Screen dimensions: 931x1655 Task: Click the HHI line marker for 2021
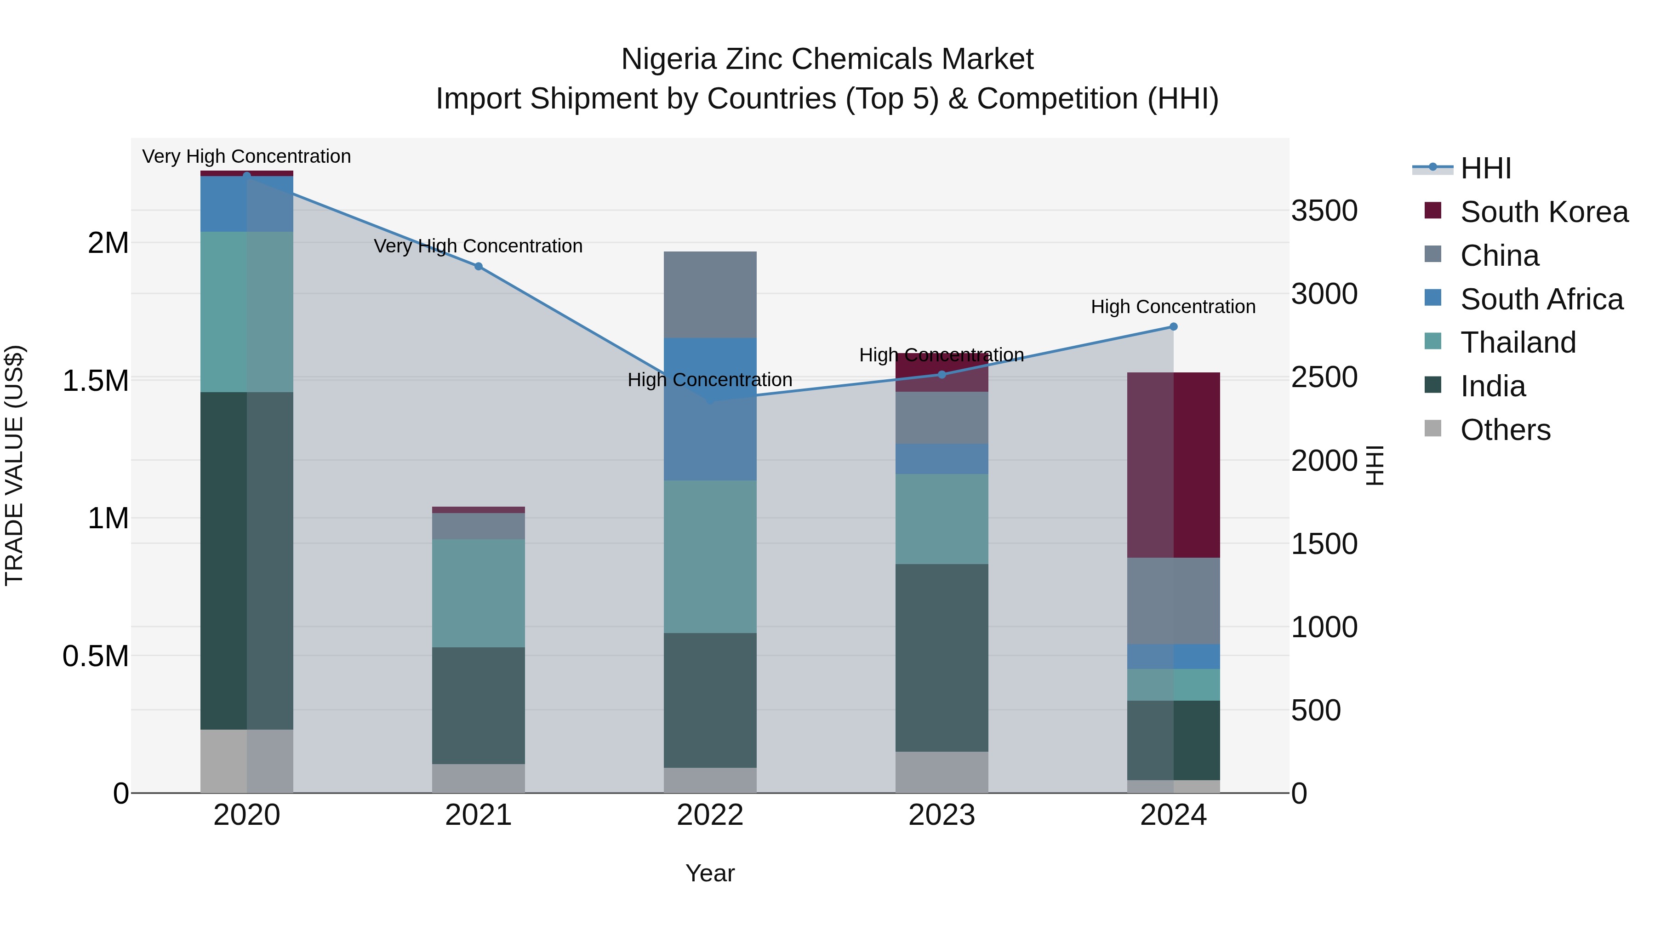point(478,266)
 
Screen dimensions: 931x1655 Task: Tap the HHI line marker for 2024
point(1173,326)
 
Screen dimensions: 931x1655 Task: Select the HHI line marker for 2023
point(942,375)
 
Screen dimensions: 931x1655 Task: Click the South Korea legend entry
point(1544,212)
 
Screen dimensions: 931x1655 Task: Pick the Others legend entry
point(1505,430)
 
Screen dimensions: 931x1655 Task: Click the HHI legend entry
point(1485,168)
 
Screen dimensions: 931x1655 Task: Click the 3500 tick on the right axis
point(1324,211)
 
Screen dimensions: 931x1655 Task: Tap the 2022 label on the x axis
point(710,815)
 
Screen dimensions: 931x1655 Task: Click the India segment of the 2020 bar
point(247,560)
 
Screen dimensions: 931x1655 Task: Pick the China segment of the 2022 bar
point(710,294)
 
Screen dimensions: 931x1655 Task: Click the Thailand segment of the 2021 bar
point(478,593)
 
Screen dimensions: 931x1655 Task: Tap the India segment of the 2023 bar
point(942,657)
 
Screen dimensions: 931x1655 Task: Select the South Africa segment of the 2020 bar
point(247,204)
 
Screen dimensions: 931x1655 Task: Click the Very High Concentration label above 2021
point(478,246)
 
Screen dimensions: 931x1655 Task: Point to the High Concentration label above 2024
point(1173,307)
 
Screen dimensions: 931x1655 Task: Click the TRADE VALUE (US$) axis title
point(14,465)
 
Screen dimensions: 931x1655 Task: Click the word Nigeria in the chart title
point(668,59)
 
